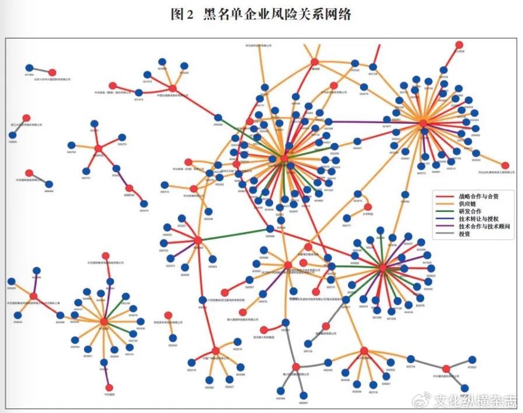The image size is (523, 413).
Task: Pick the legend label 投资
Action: (465, 234)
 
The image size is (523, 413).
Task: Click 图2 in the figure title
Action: (182, 15)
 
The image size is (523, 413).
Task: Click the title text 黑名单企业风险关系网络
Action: (277, 15)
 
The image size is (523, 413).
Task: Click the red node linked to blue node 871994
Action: (52, 72)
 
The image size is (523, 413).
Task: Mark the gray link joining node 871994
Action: (40, 70)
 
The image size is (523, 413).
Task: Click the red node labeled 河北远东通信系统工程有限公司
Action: (505, 166)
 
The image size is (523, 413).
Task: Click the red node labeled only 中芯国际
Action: (108, 387)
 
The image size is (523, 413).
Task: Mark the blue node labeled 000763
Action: (71, 145)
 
